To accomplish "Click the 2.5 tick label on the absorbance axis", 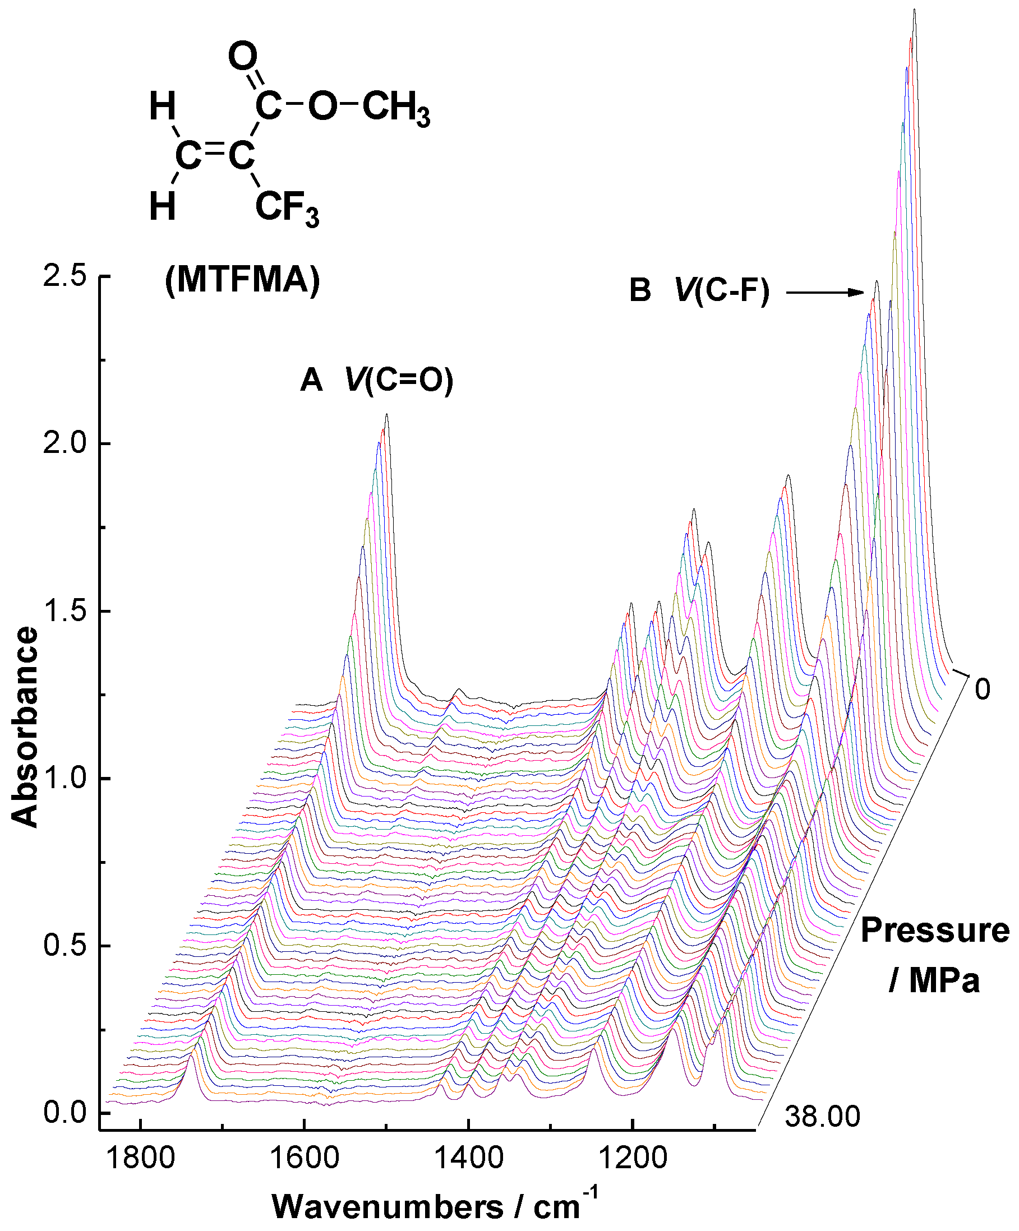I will tap(64, 277).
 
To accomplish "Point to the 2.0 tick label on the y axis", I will tap(64, 444).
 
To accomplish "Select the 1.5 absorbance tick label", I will tap(64, 612).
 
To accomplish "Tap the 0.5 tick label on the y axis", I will tap(64, 946).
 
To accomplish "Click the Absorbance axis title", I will tap(25, 728).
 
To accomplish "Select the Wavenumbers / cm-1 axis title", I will tap(435, 1205).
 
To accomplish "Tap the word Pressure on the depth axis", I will tap(934, 931).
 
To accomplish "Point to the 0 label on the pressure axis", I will tap(982, 689).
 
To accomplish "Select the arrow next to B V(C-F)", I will tap(824, 293).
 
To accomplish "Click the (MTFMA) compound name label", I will tap(242, 280).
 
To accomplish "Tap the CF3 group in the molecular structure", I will tap(287, 208).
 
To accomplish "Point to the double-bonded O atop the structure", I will tap(243, 57).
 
